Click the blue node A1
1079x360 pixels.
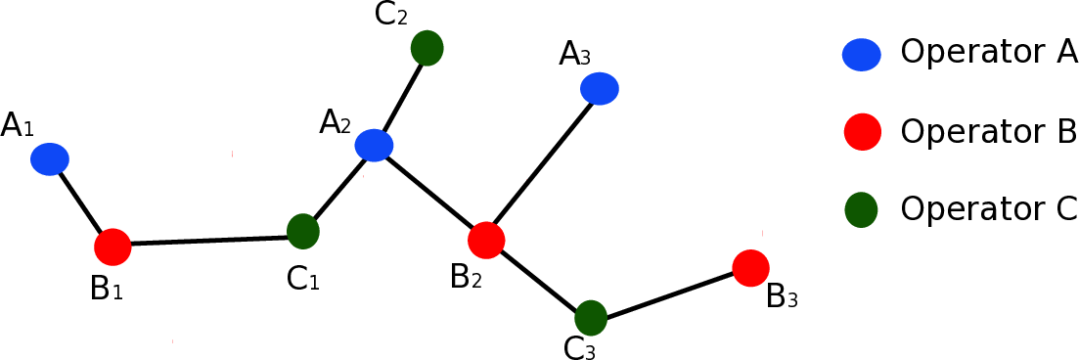pyautogui.click(x=49, y=157)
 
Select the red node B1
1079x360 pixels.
pyautogui.click(x=112, y=247)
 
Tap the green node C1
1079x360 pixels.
pyautogui.click(x=303, y=231)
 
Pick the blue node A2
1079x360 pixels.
pyautogui.click(x=374, y=145)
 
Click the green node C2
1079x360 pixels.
pyautogui.click(x=427, y=47)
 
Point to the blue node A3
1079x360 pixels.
pyautogui.click(x=600, y=89)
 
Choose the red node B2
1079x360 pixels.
pyautogui.click(x=486, y=240)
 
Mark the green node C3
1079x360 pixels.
pyautogui.click(x=591, y=317)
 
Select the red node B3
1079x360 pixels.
pyautogui.click(x=750, y=267)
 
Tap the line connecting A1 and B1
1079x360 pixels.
pyautogui.click(x=80, y=202)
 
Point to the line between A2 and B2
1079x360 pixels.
pyautogui.click(x=430, y=193)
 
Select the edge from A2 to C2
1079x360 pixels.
pyautogui.click(x=400, y=96)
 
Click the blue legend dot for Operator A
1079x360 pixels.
pyautogui.click(x=861, y=55)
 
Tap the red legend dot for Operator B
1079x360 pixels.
pyautogui.click(x=861, y=132)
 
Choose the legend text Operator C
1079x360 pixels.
pyautogui.click(x=988, y=208)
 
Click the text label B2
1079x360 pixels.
pyautogui.click(x=467, y=278)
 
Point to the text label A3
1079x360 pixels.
pyautogui.click(x=575, y=55)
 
